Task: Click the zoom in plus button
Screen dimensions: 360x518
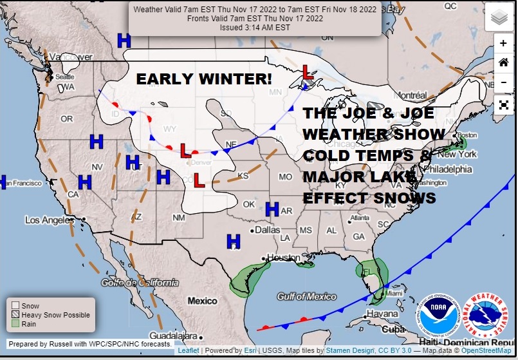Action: coord(503,43)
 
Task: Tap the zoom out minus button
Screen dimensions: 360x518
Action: coord(503,82)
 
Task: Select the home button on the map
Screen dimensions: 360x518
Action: coord(503,62)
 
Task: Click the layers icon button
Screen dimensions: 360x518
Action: coord(499,17)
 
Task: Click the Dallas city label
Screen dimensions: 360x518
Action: coord(267,229)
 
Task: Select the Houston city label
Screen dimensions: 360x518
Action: coord(283,258)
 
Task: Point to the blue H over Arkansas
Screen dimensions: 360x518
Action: coord(272,209)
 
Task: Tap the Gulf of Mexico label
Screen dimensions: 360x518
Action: coord(306,296)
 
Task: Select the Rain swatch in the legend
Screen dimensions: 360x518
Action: coord(15,324)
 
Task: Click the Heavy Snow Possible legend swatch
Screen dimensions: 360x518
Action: coord(15,315)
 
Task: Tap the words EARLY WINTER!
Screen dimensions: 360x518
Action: coord(203,79)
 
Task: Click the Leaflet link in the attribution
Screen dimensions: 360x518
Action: coord(188,350)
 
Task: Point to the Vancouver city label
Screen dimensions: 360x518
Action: coord(71,57)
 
